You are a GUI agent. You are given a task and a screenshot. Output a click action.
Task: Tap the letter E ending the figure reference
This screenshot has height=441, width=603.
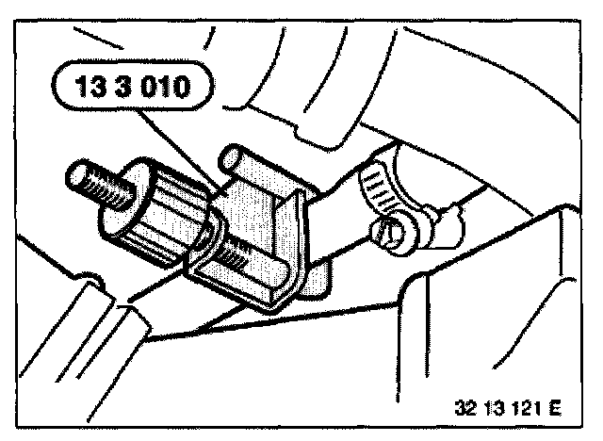(x=555, y=409)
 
